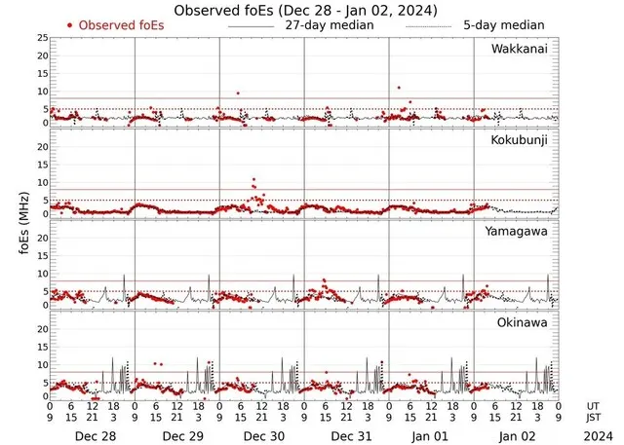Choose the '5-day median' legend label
(x=503, y=25)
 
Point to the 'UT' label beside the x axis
(x=593, y=405)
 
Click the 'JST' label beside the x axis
(x=595, y=418)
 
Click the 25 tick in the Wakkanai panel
(x=41, y=38)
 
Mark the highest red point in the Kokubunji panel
(x=253, y=180)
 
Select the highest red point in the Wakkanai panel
(x=399, y=88)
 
